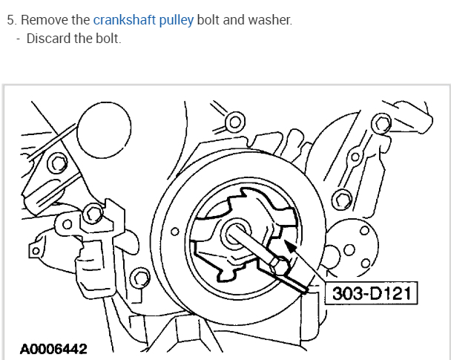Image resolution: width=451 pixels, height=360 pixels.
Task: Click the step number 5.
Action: (x=10, y=19)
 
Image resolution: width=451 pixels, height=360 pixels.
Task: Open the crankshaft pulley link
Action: (x=144, y=19)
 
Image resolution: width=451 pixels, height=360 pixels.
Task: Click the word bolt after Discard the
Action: (x=107, y=38)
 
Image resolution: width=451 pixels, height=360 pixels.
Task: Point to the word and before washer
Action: (x=234, y=19)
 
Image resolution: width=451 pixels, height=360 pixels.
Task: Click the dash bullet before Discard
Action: (x=18, y=38)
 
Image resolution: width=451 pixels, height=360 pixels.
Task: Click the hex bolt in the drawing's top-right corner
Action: (x=381, y=124)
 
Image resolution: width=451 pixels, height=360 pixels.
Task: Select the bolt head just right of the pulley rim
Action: (x=341, y=198)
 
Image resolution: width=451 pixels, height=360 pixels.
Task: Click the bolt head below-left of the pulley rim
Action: (x=138, y=280)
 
